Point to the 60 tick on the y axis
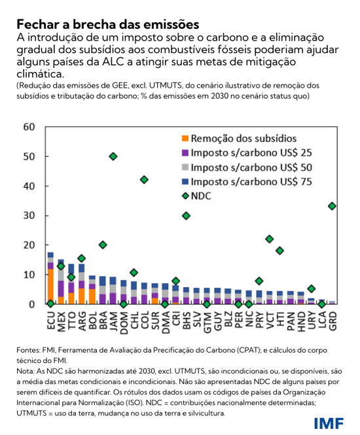click(x=29, y=127)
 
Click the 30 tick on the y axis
click(x=29, y=215)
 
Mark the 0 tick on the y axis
click(x=32, y=304)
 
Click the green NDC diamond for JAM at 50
click(x=113, y=156)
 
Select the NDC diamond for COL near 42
click(x=144, y=179)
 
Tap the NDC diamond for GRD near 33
click(x=333, y=206)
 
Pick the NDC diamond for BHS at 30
click(x=186, y=215)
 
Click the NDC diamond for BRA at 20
click(x=103, y=245)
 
